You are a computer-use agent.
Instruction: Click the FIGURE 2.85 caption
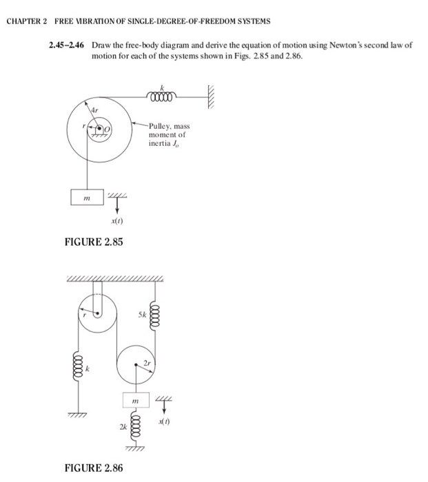coord(94,242)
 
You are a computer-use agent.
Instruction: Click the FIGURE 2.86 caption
coord(94,468)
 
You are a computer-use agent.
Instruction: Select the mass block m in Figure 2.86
coord(136,400)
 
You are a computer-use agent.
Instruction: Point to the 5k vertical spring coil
coord(154,319)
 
